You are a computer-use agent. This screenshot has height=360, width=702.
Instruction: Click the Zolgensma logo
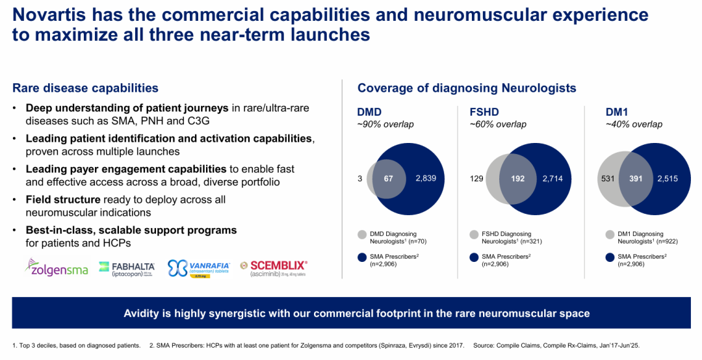pos(57,267)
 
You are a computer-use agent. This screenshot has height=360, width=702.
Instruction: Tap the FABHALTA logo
pos(127,268)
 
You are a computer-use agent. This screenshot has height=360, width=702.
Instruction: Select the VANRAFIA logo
pos(198,268)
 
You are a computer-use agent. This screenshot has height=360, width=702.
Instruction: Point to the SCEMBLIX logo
pos(273,268)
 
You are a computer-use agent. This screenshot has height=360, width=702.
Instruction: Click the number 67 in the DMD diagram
pos(389,177)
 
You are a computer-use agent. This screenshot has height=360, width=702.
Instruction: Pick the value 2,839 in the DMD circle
pos(430,177)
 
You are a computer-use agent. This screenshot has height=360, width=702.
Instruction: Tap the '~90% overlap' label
pos(385,124)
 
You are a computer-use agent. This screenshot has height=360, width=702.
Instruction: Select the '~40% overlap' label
pos(634,124)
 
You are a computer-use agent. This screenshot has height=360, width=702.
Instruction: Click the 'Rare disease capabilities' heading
pos(85,88)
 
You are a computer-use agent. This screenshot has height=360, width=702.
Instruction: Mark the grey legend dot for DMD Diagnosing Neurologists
pos(363,234)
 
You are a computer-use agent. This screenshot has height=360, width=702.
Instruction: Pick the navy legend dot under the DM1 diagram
pos(610,257)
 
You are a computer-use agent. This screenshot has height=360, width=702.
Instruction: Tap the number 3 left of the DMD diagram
pos(360,177)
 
